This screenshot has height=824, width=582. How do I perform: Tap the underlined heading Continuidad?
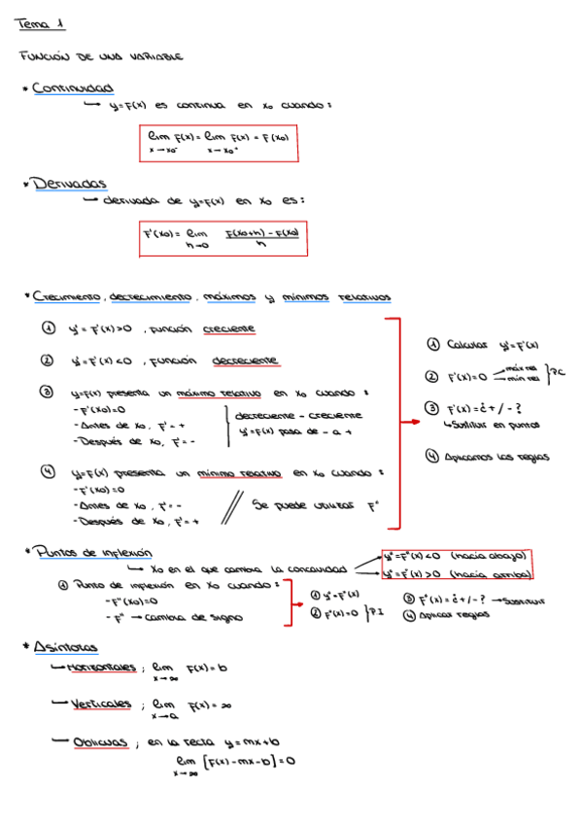point(72,88)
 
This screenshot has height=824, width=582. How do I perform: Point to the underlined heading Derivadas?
point(68,183)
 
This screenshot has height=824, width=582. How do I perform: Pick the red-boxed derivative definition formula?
point(223,238)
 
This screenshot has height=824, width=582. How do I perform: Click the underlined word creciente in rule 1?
point(229,329)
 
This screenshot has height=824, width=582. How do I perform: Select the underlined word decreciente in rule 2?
point(245,360)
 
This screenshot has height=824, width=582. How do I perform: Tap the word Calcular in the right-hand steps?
point(467,344)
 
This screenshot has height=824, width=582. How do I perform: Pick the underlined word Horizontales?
point(101,668)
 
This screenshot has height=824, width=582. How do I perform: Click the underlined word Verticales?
point(101,704)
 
